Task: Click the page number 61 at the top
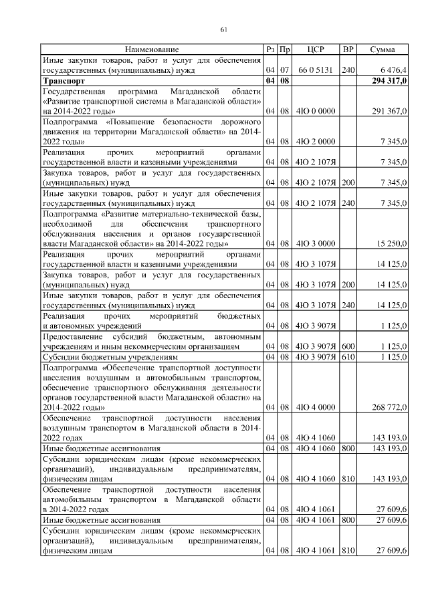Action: (224, 29)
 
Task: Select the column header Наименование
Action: (151, 50)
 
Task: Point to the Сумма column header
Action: (382, 50)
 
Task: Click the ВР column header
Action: (348, 50)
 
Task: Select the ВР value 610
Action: (348, 357)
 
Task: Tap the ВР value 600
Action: (348, 347)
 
